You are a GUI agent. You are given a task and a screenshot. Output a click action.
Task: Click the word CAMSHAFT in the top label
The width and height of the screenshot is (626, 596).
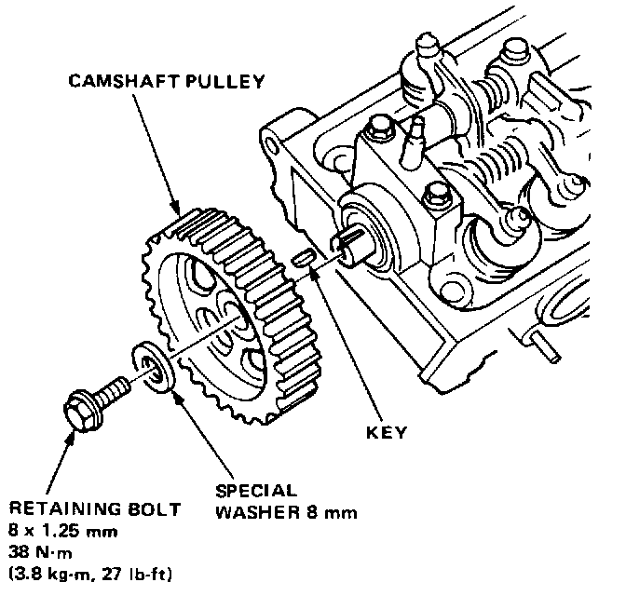(x=116, y=81)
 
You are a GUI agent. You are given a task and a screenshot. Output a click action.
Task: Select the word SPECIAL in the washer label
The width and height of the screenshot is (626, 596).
(x=256, y=492)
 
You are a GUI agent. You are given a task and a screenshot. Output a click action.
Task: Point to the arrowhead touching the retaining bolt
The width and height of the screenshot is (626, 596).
(x=65, y=432)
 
